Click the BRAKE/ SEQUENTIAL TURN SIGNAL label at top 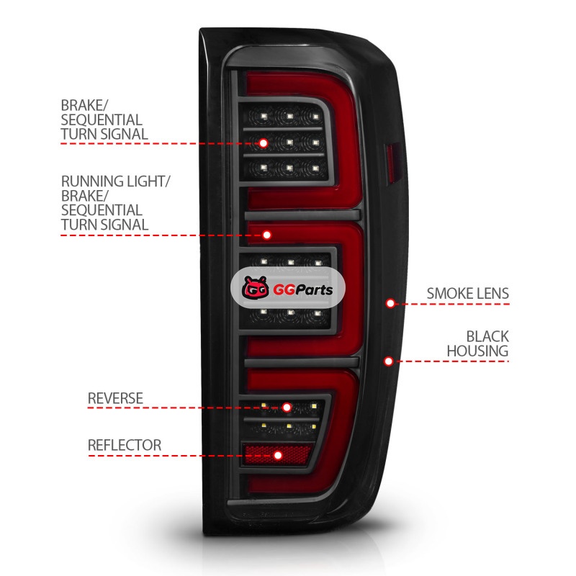(104, 119)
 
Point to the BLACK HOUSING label (477, 343)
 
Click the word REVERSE (115, 398)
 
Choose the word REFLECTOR (125, 444)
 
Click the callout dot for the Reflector (278, 455)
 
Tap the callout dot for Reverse (287, 408)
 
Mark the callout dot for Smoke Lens (390, 303)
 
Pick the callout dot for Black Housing (389, 361)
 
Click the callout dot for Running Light (267, 235)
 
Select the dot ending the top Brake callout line (264, 143)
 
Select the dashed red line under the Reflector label (180, 455)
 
